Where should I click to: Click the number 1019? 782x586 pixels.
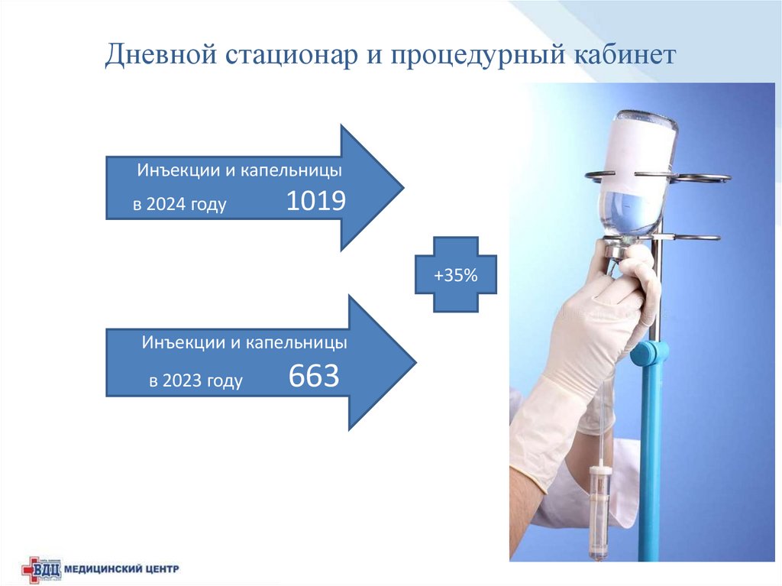click(x=316, y=201)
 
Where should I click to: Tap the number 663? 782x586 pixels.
click(x=313, y=376)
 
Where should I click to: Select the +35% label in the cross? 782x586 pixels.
click(x=455, y=275)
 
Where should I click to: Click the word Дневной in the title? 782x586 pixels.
click(x=160, y=56)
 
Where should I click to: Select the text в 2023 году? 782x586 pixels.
click(x=196, y=380)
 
